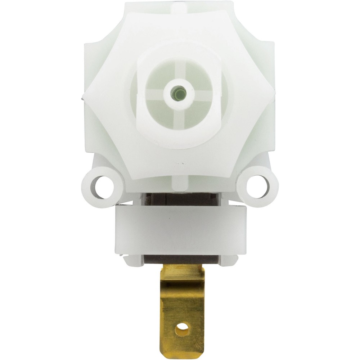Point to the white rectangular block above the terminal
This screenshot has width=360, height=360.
[180, 230]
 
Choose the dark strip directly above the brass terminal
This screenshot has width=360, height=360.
[180, 260]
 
